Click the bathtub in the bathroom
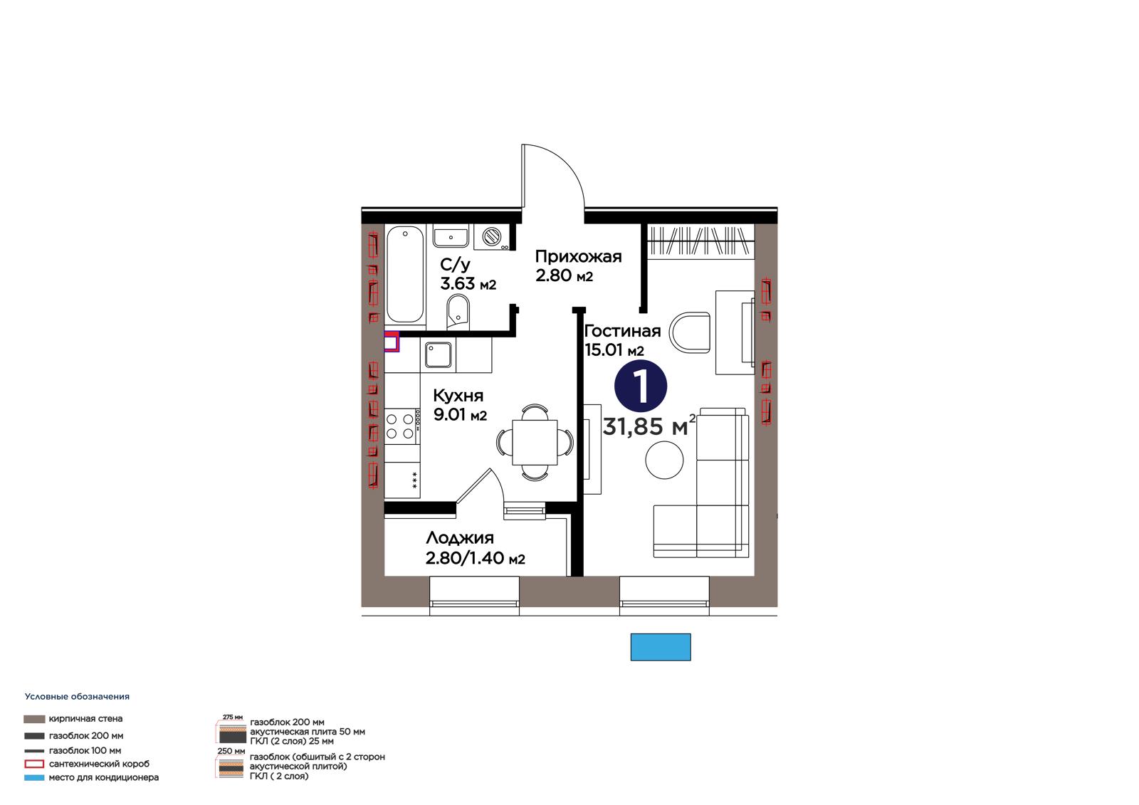pos(405,275)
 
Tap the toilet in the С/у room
pos(458,312)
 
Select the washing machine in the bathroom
pos(491,237)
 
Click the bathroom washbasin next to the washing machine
pos(451,236)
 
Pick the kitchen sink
pos(439,354)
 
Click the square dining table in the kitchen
pos(535,442)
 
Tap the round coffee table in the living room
pos(664,460)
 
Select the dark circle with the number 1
pos(641,385)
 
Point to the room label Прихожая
pos(578,256)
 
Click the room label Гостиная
pos(622,331)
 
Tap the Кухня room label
pos(458,396)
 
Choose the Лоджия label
pos(460,538)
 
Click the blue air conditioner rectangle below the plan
pos(661,647)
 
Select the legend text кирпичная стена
pos(85,719)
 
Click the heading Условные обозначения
pos(77,696)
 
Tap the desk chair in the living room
pos(690,332)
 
